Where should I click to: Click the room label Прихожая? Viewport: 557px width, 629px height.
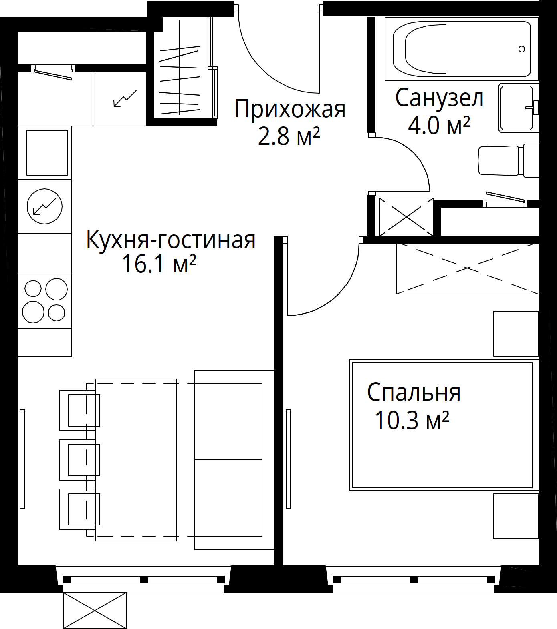click(289, 110)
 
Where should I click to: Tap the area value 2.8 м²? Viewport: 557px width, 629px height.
click(289, 137)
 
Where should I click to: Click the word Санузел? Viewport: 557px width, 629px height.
click(439, 98)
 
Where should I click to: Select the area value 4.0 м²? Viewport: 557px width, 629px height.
click(439, 126)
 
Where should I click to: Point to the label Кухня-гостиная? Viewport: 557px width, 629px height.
click(171, 240)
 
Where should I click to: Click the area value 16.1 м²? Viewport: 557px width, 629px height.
click(159, 264)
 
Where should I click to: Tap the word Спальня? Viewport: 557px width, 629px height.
click(414, 393)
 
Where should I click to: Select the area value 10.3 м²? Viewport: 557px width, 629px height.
click(412, 420)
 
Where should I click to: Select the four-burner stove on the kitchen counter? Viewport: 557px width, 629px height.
click(44, 301)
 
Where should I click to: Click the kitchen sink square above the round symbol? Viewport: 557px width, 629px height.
click(47, 152)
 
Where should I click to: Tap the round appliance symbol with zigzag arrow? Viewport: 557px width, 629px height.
click(44, 206)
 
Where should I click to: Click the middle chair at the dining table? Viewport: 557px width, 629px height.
click(79, 459)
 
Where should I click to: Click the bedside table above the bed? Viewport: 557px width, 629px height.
click(516, 333)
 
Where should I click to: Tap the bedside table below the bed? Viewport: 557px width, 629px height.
click(516, 516)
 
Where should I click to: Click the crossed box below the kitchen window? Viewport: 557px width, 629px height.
click(95, 611)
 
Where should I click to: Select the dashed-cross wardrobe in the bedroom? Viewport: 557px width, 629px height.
click(467, 268)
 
